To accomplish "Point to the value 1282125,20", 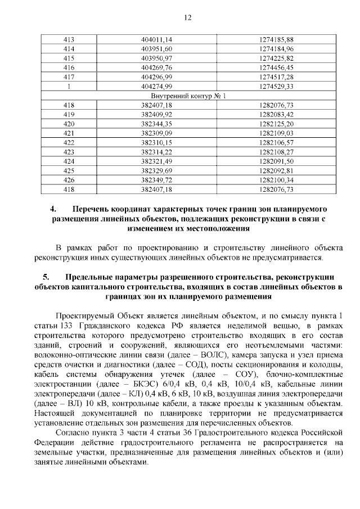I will pos(276,124).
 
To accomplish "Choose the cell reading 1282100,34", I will pos(276,180).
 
